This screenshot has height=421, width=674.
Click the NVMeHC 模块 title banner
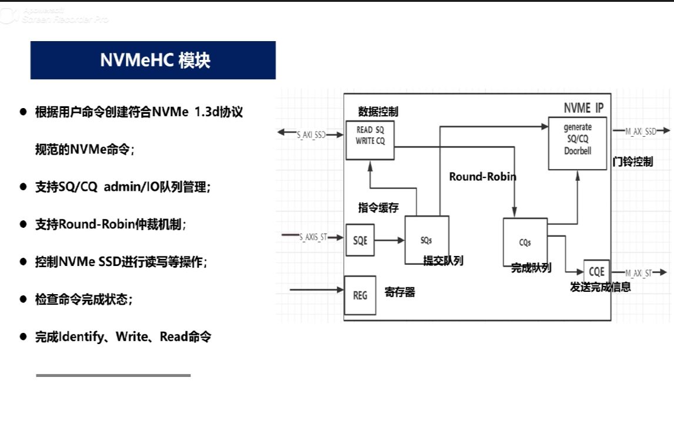coord(153,60)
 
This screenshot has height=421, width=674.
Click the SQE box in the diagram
coord(360,240)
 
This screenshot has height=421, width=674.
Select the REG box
coord(360,295)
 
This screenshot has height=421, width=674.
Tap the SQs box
coord(427,240)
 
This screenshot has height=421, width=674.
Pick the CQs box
coord(525,241)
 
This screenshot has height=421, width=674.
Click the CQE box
coord(596,272)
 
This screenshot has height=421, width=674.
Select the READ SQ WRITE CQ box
coord(370,140)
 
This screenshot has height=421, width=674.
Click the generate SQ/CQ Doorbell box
coord(577,143)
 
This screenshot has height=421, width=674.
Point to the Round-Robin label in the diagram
coord(482,176)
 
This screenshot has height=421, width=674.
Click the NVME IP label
coord(583,108)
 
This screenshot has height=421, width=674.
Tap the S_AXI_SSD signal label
coord(311,134)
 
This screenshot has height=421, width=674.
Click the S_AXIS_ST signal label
coord(313,237)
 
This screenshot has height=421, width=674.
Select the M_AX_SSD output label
coord(640,132)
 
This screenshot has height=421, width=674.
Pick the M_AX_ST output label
coord(638,272)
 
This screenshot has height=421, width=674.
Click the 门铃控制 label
coord(632,161)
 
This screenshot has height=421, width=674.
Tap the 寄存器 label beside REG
coord(400,292)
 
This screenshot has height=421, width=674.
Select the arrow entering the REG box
coord(317,289)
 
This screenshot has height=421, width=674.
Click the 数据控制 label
coord(378,112)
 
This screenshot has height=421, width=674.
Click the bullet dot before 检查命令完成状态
coord(24,299)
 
